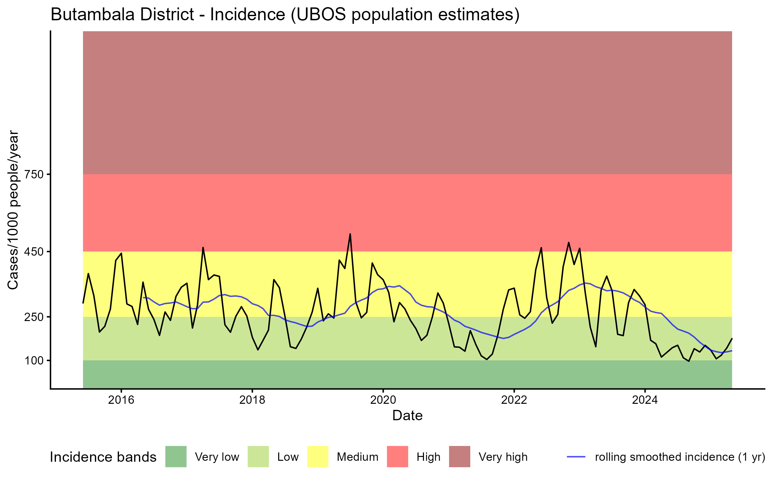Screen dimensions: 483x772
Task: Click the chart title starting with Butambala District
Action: click(285, 15)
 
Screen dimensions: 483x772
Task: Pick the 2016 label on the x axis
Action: click(121, 400)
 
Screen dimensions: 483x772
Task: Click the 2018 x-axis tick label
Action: click(252, 400)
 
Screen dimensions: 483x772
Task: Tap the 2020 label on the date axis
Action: click(383, 400)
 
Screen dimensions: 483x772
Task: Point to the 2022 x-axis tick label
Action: click(514, 400)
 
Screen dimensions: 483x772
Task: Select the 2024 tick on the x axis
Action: click(645, 400)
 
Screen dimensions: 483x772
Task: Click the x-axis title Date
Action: click(407, 416)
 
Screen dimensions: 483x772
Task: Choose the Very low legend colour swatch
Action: click(176, 457)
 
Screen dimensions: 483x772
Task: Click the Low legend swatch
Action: click(258, 457)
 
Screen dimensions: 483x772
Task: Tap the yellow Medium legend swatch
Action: click(318, 457)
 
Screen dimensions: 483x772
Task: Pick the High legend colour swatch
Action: click(397, 457)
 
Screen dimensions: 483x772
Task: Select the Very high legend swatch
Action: click(459, 457)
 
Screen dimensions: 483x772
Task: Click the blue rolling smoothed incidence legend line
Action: click(576, 457)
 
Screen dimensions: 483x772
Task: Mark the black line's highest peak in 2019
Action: click(350, 234)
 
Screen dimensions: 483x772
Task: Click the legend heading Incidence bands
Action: click(103, 457)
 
